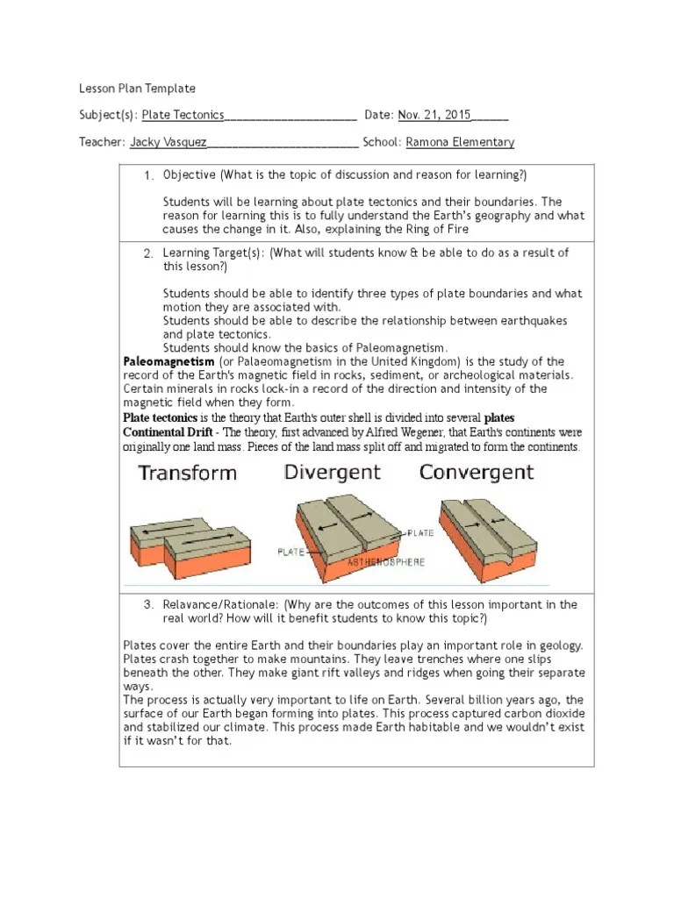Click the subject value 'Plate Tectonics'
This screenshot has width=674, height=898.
[183, 115]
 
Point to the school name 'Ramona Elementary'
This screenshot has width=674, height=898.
[461, 142]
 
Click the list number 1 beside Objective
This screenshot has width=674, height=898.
[149, 176]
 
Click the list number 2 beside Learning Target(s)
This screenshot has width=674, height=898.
[149, 253]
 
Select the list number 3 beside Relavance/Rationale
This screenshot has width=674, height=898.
[149, 605]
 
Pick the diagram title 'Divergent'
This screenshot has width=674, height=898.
[332, 473]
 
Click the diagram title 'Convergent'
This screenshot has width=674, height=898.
[476, 473]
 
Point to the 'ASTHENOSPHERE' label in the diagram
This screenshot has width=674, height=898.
[386, 562]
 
